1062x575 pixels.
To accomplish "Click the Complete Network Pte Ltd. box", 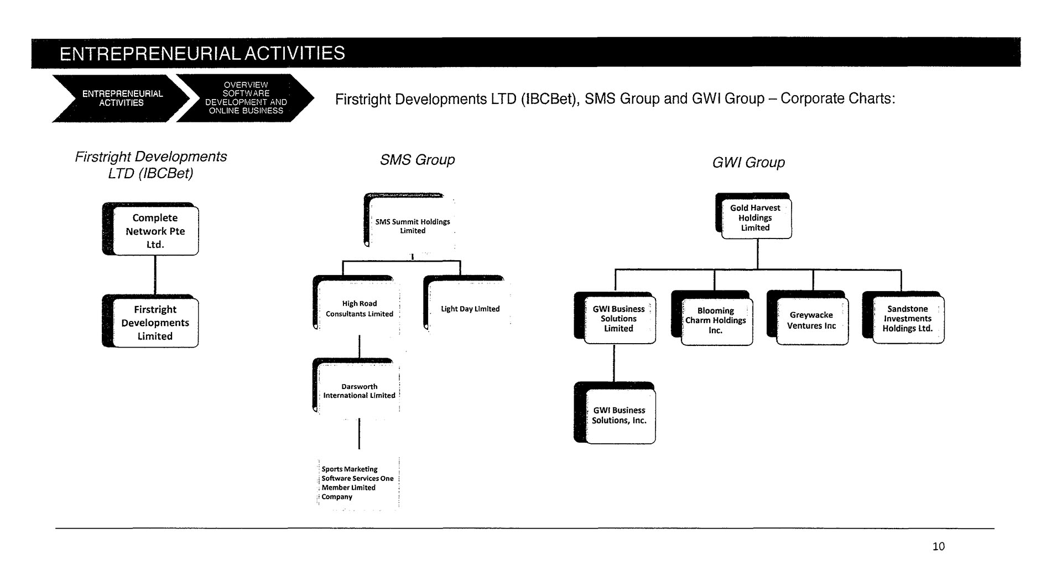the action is click(x=150, y=229).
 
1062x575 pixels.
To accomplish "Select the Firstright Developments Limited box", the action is click(x=150, y=321).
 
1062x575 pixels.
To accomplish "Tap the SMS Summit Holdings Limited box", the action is click(x=410, y=220).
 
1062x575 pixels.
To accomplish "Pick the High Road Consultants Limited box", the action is click(x=356, y=305).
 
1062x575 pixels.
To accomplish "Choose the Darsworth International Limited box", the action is click(x=356, y=387).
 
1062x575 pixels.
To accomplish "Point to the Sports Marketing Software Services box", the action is click(x=358, y=483).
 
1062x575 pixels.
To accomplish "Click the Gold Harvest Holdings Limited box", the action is click(x=753, y=216).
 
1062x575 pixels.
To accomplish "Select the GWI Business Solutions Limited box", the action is click(x=615, y=318).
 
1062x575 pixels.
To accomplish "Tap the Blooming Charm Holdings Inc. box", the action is click(x=712, y=318).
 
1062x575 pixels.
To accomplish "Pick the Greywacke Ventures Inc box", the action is click(x=808, y=318).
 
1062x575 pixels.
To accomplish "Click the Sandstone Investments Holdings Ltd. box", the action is click(x=903, y=318).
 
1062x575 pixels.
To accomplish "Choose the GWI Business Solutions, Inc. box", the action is click(x=615, y=413).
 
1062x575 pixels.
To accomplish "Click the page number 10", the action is click(x=939, y=546).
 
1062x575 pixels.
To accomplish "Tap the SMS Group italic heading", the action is click(x=418, y=160).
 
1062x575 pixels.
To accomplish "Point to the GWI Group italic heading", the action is click(x=748, y=163).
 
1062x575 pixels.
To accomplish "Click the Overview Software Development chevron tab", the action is click(x=245, y=98).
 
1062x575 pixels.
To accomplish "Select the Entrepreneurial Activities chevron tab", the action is click(x=122, y=98).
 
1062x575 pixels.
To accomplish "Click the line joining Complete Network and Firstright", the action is click(x=155, y=275).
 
